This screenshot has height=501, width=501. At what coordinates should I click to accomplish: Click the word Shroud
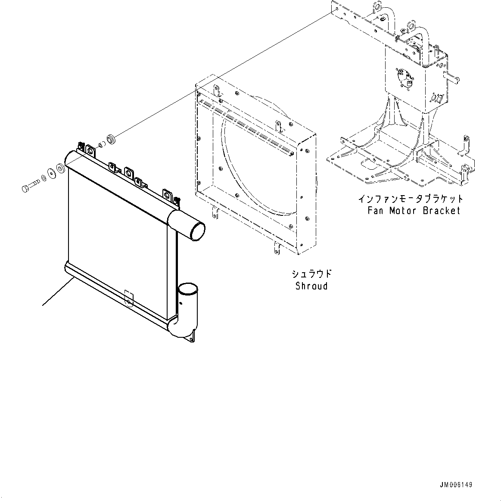point(311,286)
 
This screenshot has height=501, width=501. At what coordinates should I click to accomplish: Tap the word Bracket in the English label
point(442,211)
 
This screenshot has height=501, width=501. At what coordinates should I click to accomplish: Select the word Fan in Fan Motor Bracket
point(377,211)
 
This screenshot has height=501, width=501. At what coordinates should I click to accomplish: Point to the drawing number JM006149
point(456,485)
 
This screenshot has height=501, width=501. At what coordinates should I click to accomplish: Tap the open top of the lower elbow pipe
point(187,287)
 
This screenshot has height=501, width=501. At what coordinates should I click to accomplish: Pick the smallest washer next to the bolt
point(44,177)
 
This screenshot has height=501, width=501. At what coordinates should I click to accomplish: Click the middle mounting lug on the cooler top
point(128,171)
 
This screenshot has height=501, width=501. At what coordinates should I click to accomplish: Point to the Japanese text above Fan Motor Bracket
point(411,199)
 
